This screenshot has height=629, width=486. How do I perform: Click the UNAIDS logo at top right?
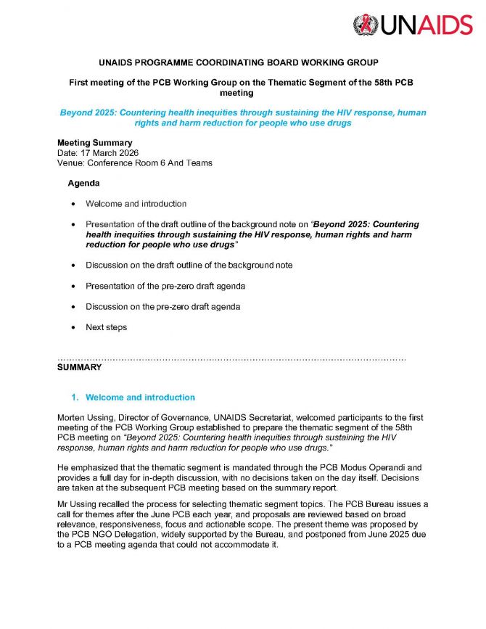tap(411, 26)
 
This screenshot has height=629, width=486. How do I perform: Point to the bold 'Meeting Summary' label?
tap(94, 143)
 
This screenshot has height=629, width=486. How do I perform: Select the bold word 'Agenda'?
tap(83, 184)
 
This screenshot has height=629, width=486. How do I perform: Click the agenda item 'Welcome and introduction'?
tap(136, 204)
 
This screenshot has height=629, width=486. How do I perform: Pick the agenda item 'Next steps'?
tap(106, 327)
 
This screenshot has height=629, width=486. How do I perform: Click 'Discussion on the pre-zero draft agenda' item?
tap(162, 307)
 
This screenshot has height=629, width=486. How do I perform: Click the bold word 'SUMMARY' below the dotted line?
tap(79, 368)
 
